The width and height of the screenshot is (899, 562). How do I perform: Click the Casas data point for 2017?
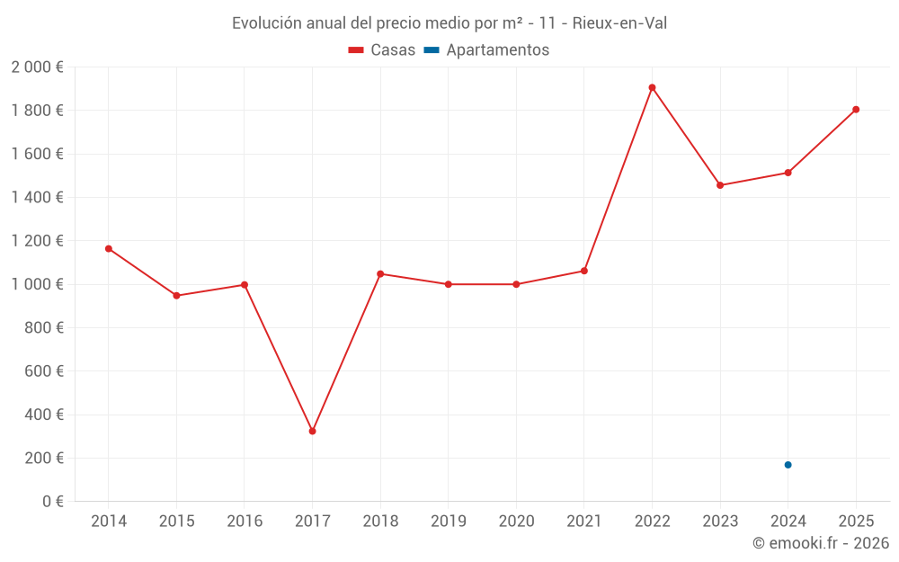[x=312, y=432]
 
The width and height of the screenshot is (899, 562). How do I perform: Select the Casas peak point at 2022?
[x=652, y=87]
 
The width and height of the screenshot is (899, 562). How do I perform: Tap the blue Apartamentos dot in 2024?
[x=788, y=465]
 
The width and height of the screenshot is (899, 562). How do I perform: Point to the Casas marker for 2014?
[x=109, y=248]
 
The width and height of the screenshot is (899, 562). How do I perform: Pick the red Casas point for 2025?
[x=856, y=110]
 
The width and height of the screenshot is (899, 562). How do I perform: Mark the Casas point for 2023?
[x=720, y=185]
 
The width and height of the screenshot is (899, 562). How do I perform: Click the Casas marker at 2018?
[x=380, y=273]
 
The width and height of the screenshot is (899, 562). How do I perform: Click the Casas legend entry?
[x=382, y=50]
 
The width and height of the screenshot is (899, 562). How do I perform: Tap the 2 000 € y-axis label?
[x=37, y=67]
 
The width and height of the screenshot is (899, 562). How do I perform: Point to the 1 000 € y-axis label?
[x=37, y=284]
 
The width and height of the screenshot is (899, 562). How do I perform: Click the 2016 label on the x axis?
[x=245, y=522]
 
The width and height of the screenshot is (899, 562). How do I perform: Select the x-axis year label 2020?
[x=516, y=522]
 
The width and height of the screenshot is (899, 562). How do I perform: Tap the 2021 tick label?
[x=584, y=522]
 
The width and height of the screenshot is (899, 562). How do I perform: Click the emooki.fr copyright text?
[x=821, y=543]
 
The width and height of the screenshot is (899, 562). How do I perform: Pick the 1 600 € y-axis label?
[x=37, y=154]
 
